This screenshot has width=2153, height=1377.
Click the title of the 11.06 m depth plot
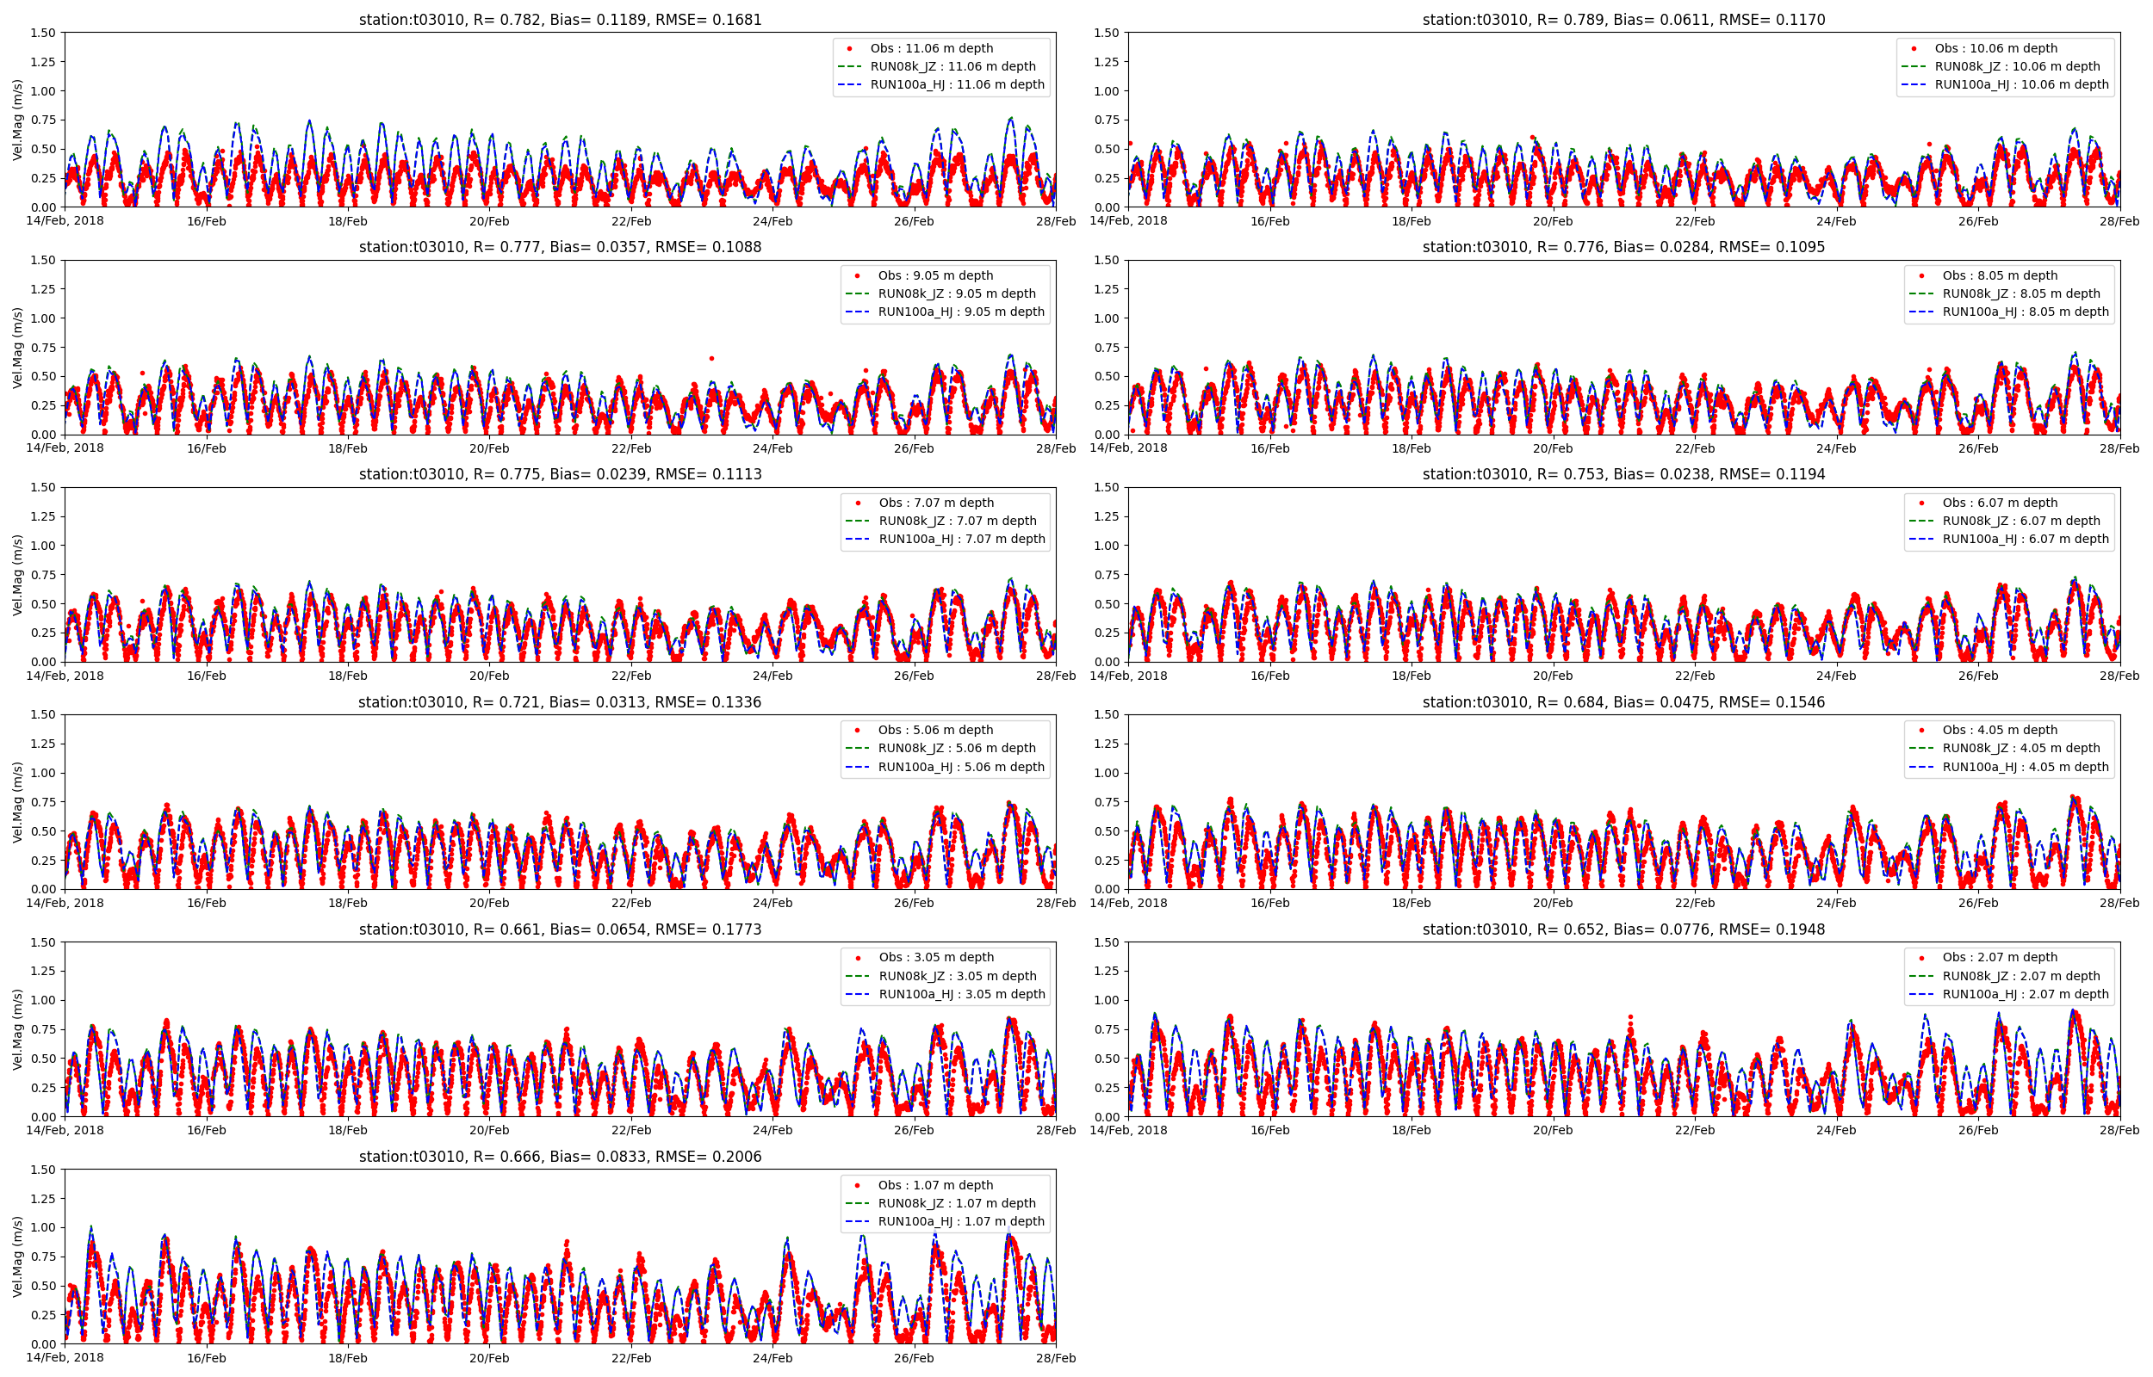pos(560,20)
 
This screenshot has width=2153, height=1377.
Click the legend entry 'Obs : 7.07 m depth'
pos(935,503)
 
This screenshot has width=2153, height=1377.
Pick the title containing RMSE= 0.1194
pos(1623,474)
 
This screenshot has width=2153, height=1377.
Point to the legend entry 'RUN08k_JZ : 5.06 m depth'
pos(956,749)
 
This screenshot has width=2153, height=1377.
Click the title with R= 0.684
pos(1623,702)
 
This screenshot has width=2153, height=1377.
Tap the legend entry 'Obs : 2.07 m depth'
pos(1999,958)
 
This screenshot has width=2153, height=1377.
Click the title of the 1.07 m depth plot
pos(560,1157)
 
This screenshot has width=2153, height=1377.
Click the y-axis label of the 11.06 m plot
pos(18,120)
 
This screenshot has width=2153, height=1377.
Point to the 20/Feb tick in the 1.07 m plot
pos(489,1358)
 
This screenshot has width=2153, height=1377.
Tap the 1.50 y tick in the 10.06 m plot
pos(1107,33)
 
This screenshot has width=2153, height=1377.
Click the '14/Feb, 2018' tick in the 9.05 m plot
pos(65,448)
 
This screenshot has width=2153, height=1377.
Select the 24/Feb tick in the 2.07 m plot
pos(1836,1130)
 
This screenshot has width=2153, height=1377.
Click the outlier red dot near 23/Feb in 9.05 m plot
pos(711,359)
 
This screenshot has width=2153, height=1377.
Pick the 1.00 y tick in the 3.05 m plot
pos(43,1001)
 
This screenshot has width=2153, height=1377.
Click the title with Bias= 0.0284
pos(1623,247)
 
